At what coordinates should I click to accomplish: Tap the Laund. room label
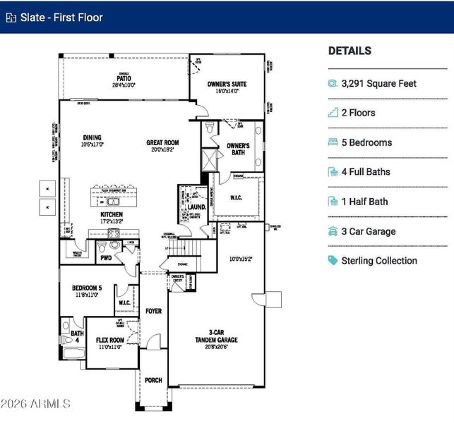click(x=196, y=207)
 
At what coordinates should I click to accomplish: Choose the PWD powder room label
click(x=106, y=258)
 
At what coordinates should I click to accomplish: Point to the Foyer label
click(x=153, y=311)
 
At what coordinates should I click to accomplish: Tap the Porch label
click(x=153, y=380)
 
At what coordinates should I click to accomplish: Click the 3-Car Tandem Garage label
click(x=217, y=336)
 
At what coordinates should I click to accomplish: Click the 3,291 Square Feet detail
click(x=378, y=83)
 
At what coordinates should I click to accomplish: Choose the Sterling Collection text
click(x=379, y=261)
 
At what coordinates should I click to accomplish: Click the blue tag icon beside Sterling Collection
click(x=333, y=261)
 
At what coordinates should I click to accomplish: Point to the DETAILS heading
click(x=350, y=51)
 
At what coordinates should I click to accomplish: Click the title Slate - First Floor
click(x=61, y=17)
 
